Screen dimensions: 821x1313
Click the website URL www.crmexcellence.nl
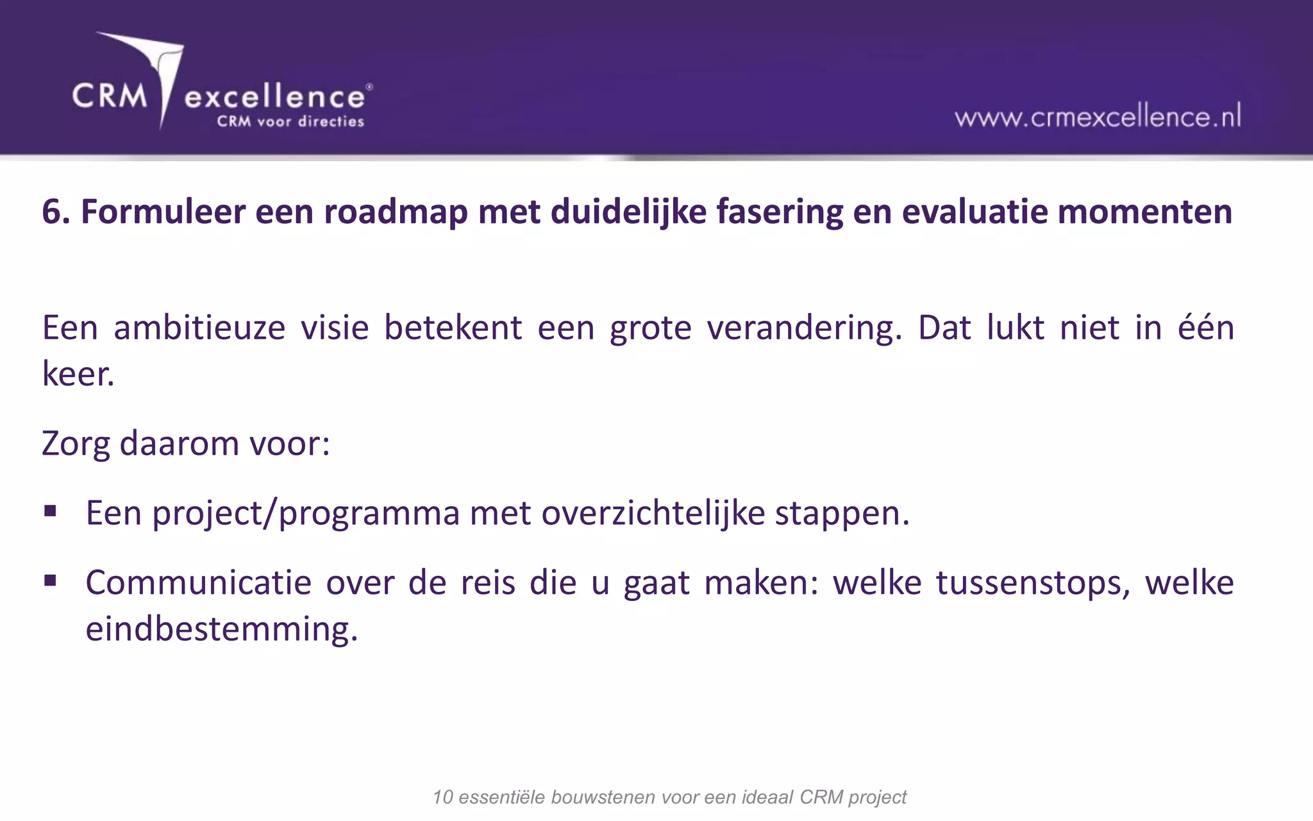click(x=1098, y=117)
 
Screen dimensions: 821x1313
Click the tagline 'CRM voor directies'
click(x=290, y=121)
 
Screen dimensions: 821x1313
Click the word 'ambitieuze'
click(x=199, y=328)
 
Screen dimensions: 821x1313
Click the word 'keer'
click(x=77, y=373)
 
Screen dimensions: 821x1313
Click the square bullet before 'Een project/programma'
click(x=51, y=511)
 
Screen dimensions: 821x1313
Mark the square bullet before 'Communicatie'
click(x=51, y=581)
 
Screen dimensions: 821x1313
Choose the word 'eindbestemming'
click(x=221, y=629)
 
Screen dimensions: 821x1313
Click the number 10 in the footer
click(x=443, y=797)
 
